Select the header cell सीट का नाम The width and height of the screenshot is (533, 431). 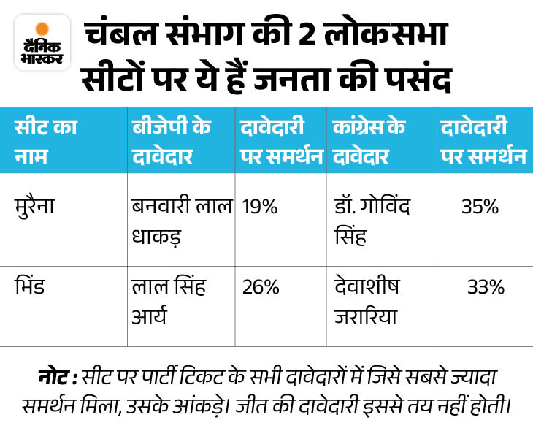pyautogui.click(x=45, y=140)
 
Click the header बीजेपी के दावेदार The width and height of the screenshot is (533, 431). pyautogui.click(x=172, y=140)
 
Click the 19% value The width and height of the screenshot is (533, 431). pyautogui.click(x=259, y=207)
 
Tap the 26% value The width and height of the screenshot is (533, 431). pyautogui.click(x=261, y=287)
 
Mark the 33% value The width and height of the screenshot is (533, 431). pyautogui.click(x=486, y=287)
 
